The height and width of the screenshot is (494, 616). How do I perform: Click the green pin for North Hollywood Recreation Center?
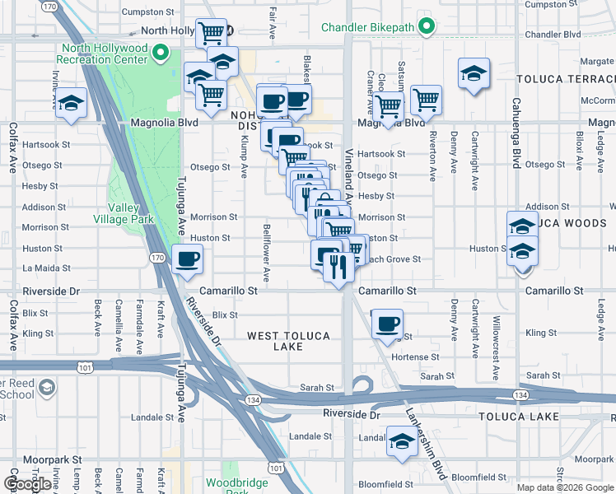pyautogui.click(x=160, y=56)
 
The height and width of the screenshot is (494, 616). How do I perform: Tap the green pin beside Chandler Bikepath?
pyautogui.click(x=426, y=27)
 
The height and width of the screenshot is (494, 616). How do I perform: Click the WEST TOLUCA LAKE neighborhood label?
pyautogui.click(x=288, y=342)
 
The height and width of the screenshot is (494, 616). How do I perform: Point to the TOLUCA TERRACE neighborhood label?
pyautogui.click(x=565, y=79)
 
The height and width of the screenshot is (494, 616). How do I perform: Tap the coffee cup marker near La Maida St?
pyautogui.click(x=187, y=260)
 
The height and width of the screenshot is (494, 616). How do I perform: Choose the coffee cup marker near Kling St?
pyautogui.click(x=386, y=324)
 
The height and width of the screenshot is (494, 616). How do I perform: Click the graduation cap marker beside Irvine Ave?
pyautogui.click(x=72, y=104)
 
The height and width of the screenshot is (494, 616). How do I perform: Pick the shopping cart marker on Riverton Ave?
pyautogui.click(x=426, y=100)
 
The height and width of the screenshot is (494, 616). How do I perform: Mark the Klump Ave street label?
pyautogui.click(x=244, y=156)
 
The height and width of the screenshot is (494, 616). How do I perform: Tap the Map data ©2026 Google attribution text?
pyautogui.click(x=564, y=487)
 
